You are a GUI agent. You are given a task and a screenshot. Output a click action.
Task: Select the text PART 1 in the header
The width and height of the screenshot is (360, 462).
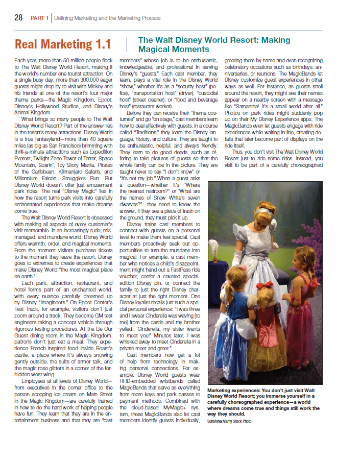coord(39,18)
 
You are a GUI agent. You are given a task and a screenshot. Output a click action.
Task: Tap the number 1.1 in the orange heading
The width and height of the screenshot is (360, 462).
coord(101,44)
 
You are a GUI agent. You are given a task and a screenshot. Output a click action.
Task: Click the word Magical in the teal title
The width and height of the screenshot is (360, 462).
coord(155,49)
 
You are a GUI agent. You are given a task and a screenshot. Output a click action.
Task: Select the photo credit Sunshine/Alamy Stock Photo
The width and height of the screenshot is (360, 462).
coord(229,421)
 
